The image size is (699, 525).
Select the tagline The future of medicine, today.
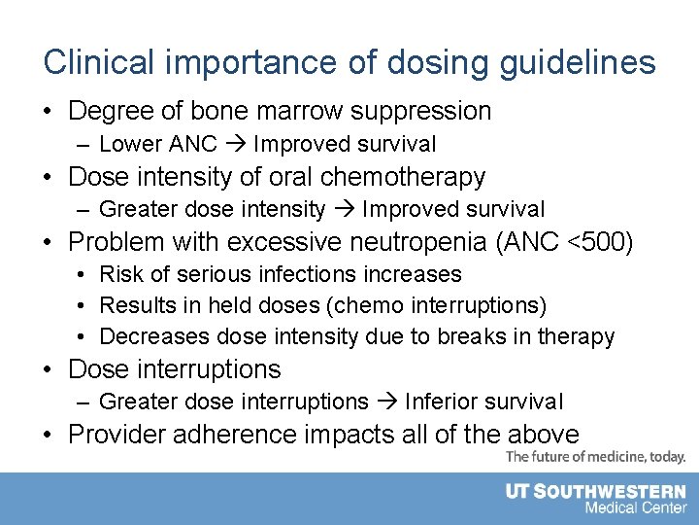pyautogui.click(x=595, y=456)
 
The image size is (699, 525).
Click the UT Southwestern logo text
pyautogui.click(x=595, y=492)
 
